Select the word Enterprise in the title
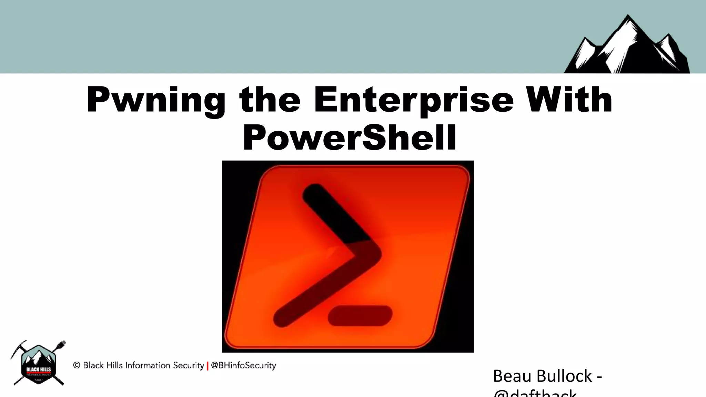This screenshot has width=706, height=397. coord(414,100)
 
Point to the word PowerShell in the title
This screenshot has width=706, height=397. coord(350,138)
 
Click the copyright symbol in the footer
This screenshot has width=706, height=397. coord(77,365)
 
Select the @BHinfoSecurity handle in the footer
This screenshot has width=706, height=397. coord(243,365)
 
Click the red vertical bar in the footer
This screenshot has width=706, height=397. coord(208,366)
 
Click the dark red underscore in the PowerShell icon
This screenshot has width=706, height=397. coord(360,315)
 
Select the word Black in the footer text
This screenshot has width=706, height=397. coord(92,365)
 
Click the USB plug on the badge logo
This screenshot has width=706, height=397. coord(62,344)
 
